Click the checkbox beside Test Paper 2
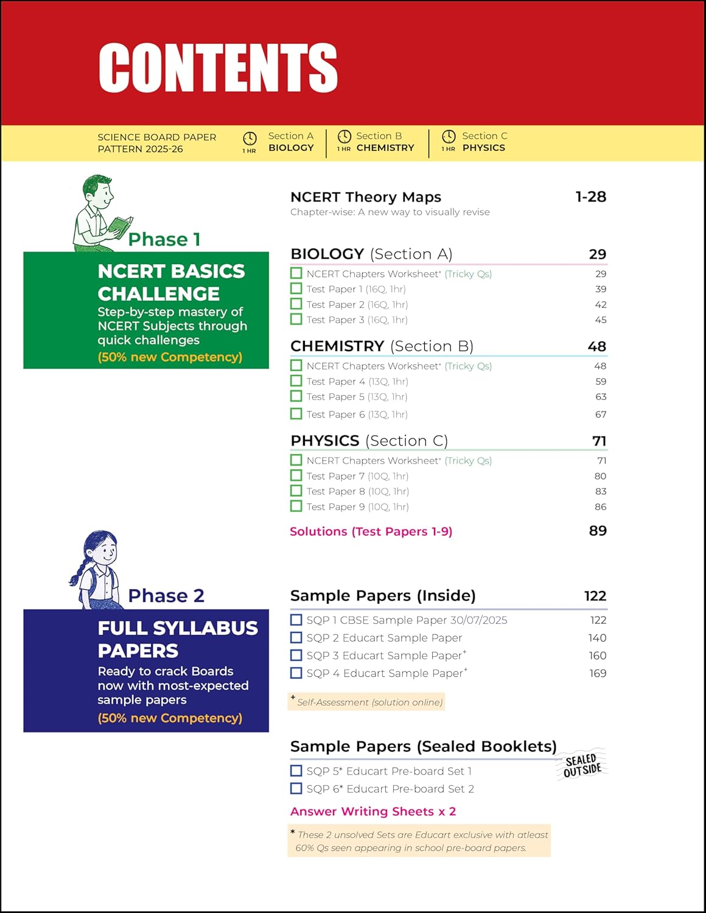tap(296, 304)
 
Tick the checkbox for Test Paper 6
tap(296, 414)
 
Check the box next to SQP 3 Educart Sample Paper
tap(296, 656)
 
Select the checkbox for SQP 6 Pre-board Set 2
tap(296, 788)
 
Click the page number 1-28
tap(590, 197)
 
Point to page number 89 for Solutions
tap(598, 531)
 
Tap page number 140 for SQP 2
tap(597, 638)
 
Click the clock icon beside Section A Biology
tap(250, 138)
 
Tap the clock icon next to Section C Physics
tap(449, 136)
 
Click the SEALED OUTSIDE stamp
tap(582, 765)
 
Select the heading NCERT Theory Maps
tap(366, 197)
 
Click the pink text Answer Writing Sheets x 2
tap(373, 811)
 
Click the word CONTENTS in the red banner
tap(218, 68)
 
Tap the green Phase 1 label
tap(164, 239)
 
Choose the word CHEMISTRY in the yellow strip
tap(385, 148)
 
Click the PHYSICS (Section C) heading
tap(369, 441)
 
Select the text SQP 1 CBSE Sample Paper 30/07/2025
tap(407, 620)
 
